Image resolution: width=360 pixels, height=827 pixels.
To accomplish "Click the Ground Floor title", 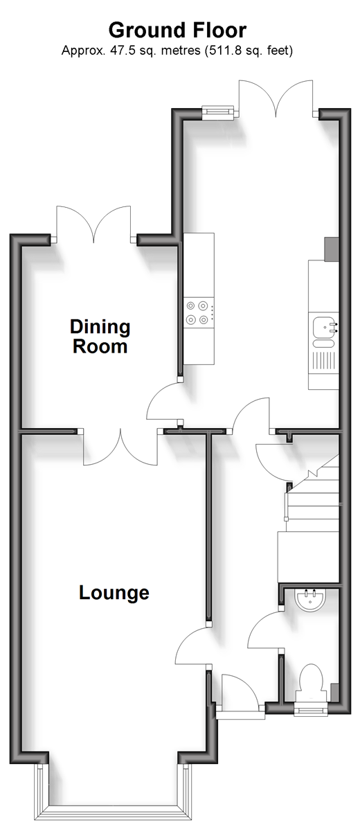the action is click(x=177, y=30).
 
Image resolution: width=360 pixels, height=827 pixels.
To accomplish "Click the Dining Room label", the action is click(x=100, y=337).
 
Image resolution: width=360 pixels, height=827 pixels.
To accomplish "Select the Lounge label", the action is click(x=114, y=592).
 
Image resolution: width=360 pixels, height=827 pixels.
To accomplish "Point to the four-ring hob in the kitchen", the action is click(x=198, y=312).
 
